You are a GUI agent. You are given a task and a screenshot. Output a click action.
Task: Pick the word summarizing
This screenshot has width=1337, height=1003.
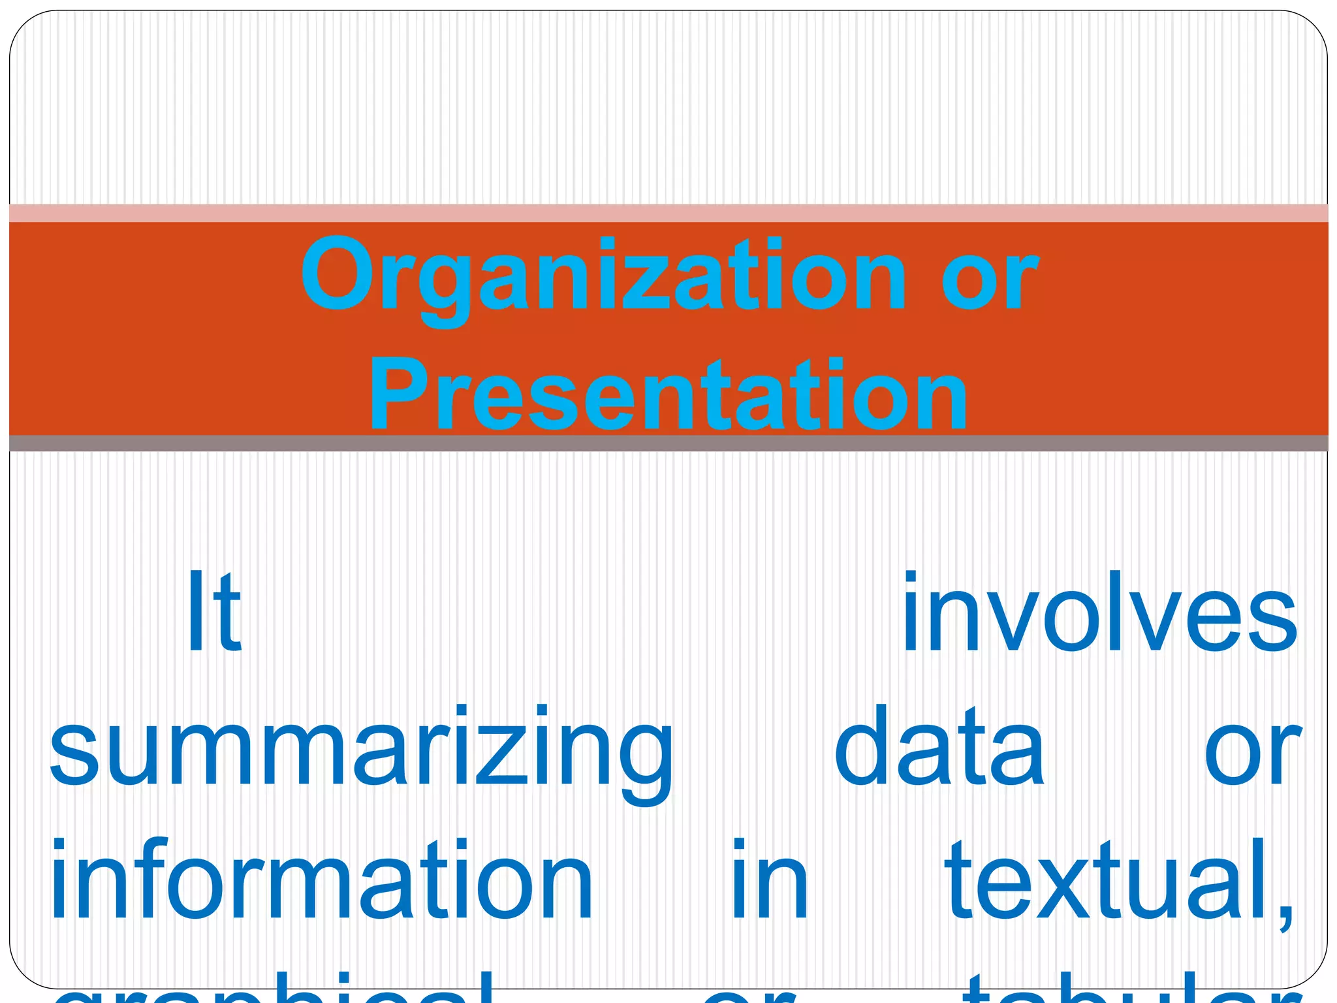361,751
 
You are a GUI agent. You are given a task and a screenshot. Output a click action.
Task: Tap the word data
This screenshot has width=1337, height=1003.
939,748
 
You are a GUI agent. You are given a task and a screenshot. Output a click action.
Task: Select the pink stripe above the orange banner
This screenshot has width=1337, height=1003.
668,213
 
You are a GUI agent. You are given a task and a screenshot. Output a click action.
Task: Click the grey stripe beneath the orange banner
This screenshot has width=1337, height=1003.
668,443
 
